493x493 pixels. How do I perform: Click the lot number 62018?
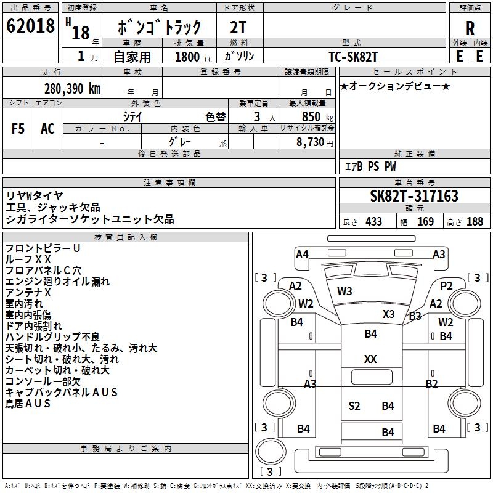click(x=30, y=26)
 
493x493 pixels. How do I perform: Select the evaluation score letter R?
click(x=470, y=28)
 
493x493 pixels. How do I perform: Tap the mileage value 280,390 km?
click(x=72, y=88)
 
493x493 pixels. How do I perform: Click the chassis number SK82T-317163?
click(x=414, y=196)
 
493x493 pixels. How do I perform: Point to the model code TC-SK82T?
click(x=352, y=56)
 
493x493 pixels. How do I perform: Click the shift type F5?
click(x=18, y=128)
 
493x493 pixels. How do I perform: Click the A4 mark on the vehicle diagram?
click(x=302, y=255)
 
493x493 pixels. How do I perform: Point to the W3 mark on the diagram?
click(x=344, y=291)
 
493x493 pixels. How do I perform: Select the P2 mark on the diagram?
click(x=447, y=285)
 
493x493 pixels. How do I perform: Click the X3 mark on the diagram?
click(x=388, y=314)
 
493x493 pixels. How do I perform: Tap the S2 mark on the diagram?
click(x=354, y=405)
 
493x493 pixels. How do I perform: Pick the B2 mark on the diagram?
click(x=431, y=383)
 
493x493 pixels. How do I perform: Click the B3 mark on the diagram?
click(x=415, y=316)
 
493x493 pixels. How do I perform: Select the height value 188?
click(x=475, y=222)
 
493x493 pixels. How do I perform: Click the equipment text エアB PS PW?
click(x=370, y=167)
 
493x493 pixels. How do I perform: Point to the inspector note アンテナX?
click(x=28, y=293)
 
